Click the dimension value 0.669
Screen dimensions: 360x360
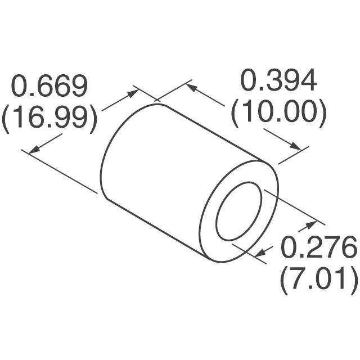pyautogui.click(x=50, y=86)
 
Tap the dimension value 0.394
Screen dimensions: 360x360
pyautogui.click(x=278, y=82)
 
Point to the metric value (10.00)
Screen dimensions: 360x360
pyautogui.click(x=278, y=114)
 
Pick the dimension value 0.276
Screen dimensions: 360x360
pyautogui.click(x=318, y=247)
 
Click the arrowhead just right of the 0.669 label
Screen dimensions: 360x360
pyautogui.click(x=133, y=91)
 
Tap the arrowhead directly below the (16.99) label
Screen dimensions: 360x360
pyautogui.click(x=33, y=149)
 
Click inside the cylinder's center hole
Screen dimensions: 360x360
pyautogui.click(x=239, y=211)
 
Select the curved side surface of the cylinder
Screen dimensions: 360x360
pyautogui.click(x=163, y=169)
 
